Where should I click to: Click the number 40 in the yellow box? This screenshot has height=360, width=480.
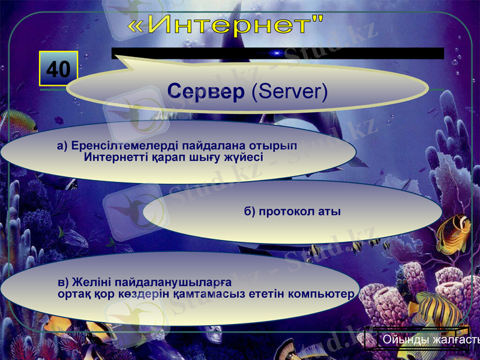pos(58,70)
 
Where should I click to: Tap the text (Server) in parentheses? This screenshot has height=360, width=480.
pos(289,91)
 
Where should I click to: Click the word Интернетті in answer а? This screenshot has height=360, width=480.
pos(118,158)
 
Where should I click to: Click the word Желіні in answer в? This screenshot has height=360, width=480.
pos(92,281)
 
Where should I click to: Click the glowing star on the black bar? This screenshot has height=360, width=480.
pos(277,53)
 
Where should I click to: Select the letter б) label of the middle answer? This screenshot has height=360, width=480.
pos(250,212)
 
